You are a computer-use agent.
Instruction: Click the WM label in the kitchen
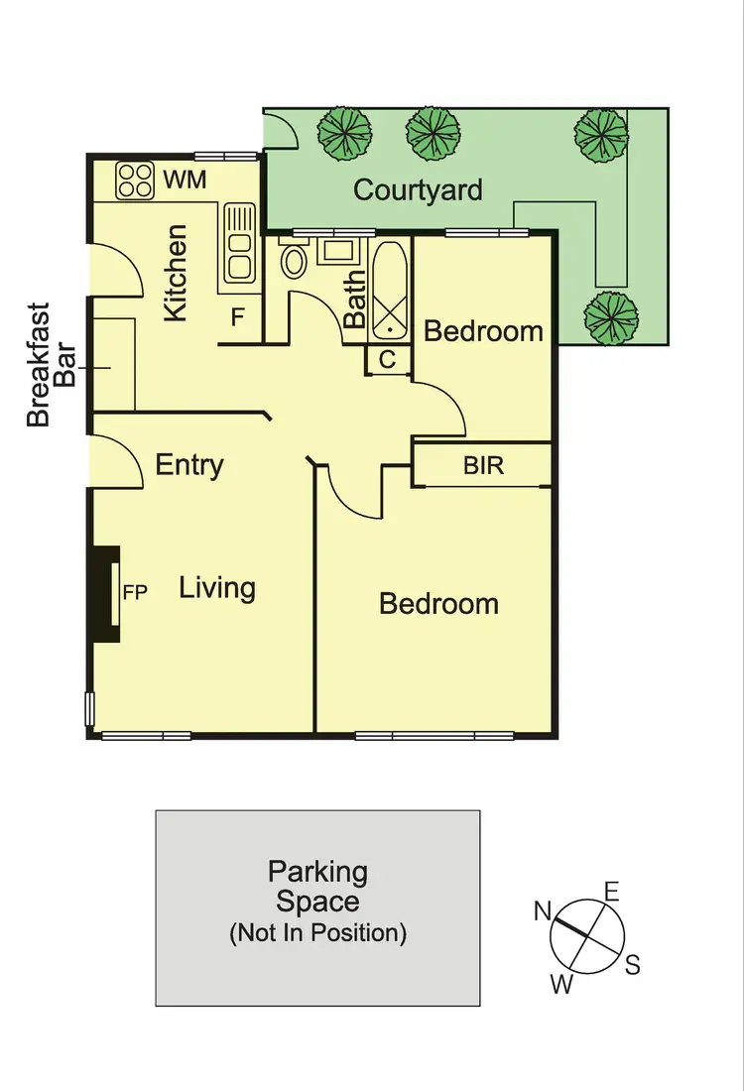pos(185,180)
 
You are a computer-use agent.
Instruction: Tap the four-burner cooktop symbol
pos(135,180)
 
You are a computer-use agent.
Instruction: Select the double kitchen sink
pos(238,242)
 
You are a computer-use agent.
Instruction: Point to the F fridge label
pos(238,318)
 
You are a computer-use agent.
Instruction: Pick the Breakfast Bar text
pos(52,365)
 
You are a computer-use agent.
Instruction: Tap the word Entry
pos(189,464)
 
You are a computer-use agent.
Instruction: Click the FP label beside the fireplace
pos(134,593)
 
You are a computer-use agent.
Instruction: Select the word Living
pos(217,587)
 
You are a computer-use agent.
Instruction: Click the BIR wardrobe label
pos(483,464)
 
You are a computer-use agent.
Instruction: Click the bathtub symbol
pos(389,289)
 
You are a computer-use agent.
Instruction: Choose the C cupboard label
pos(388,360)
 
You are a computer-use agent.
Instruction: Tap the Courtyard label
pos(418,189)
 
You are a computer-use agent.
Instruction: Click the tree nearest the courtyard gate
pos(344,130)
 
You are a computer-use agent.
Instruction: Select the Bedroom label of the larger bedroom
pos(438,603)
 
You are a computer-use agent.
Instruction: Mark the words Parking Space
pos(317,887)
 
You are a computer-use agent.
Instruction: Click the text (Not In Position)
pos(317,932)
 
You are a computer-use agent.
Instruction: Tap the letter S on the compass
pos(632,963)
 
